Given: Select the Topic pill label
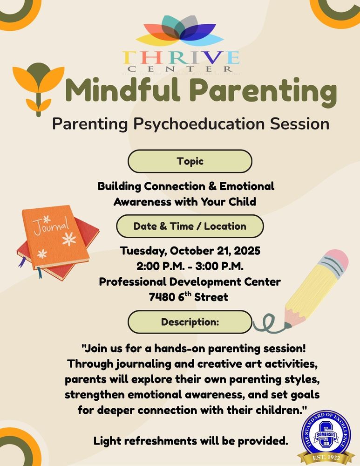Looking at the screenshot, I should pos(190,161).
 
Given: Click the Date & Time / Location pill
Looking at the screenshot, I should pos(190,226).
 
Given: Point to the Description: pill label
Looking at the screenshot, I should pos(190,322).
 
